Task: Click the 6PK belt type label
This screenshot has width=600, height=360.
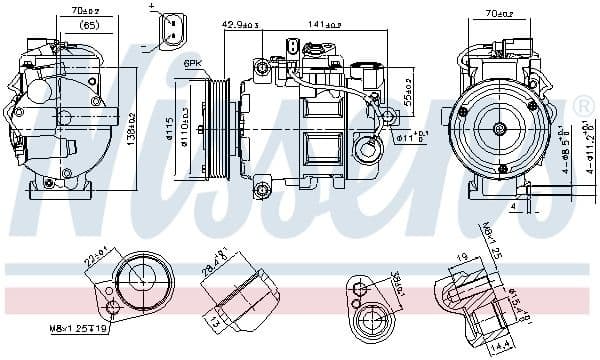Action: point(192,63)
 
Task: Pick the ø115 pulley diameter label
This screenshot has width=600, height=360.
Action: point(171,128)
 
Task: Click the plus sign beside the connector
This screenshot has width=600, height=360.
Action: point(152,8)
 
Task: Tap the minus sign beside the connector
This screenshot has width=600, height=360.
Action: point(147,46)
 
